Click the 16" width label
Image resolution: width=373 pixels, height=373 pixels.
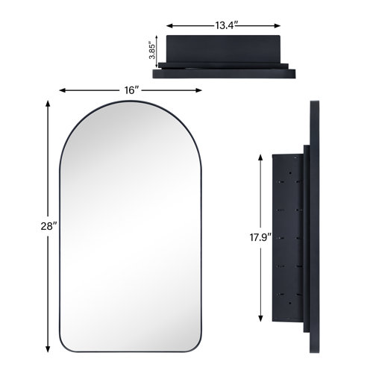131,90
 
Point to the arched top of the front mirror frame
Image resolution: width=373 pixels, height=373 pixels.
131,110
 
